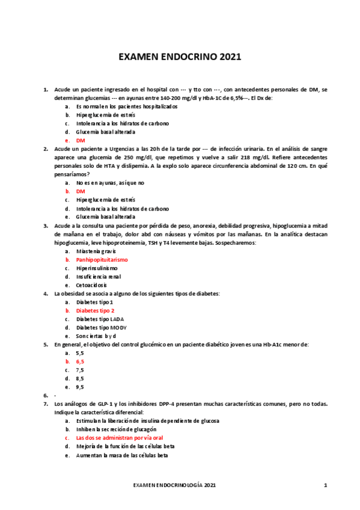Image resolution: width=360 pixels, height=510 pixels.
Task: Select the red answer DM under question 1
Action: (x=81, y=140)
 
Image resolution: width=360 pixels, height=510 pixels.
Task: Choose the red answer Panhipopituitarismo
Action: (x=102, y=259)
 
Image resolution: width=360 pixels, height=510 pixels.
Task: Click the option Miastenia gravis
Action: (x=96, y=251)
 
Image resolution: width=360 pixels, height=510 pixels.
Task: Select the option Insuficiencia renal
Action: (x=98, y=276)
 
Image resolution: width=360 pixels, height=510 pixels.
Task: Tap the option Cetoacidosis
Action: (x=92, y=284)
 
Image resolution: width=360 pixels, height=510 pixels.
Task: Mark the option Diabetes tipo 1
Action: (x=95, y=302)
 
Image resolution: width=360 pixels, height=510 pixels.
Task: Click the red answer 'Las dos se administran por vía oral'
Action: (x=120, y=438)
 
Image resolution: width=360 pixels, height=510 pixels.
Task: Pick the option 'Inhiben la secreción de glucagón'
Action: (x=116, y=430)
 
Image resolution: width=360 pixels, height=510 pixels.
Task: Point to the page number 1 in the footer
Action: (x=325, y=485)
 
